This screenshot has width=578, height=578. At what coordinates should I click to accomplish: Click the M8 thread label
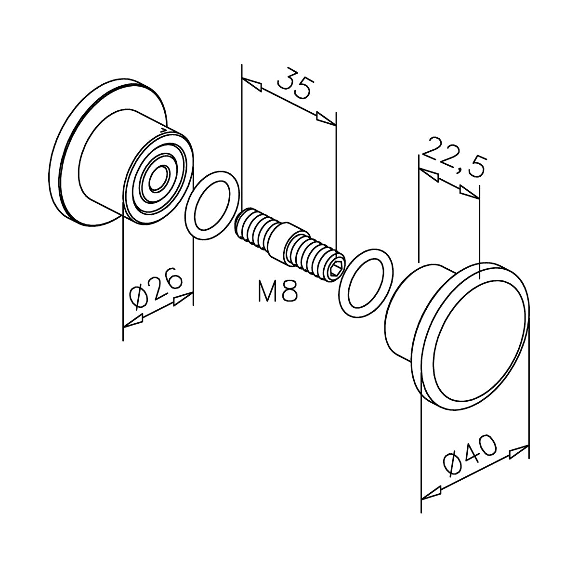tap(278, 291)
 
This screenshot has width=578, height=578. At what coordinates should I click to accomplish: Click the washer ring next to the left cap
tap(212, 206)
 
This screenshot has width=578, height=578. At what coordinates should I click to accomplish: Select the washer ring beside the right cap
tap(366, 283)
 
